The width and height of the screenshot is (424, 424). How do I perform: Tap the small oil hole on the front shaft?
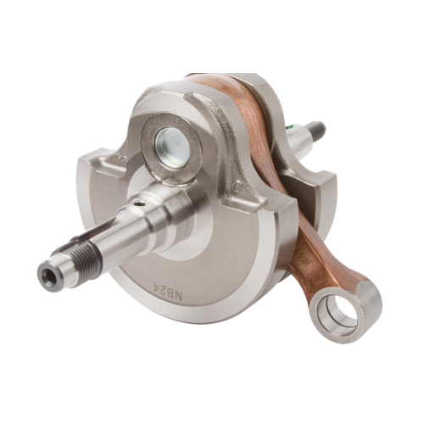coord(137,204)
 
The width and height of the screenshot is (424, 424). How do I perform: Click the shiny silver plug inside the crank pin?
coord(172,148)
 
